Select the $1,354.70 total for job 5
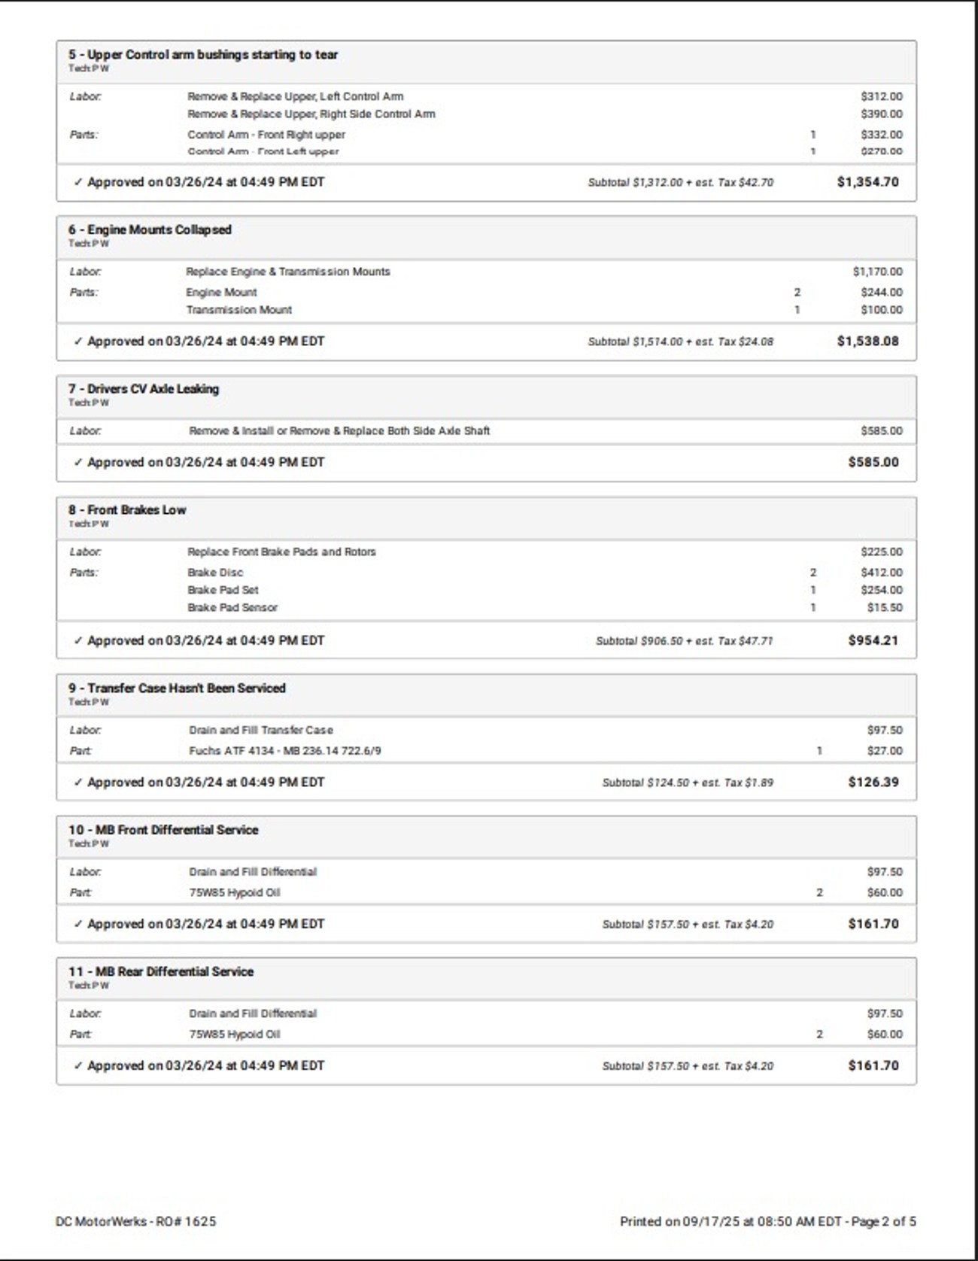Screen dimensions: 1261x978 (x=867, y=182)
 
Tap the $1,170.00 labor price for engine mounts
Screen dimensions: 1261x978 (x=877, y=272)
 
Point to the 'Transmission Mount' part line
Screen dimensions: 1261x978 (x=238, y=310)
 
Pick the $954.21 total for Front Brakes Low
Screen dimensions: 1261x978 (x=873, y=641)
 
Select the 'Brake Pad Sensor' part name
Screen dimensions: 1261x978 (x=232, y=608)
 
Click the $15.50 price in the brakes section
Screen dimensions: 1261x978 (x=884, y=608)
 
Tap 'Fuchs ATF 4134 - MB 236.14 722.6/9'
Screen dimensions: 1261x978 (x=284, y=751)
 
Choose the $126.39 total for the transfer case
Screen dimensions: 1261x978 (x=873, y=782)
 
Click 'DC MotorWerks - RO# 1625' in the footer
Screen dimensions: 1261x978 (x=135, y=1221)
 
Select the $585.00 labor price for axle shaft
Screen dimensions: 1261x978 (x=881, y=431)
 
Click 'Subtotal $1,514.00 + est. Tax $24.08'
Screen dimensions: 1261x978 (x=680, y=342)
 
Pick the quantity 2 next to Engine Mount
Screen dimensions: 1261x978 (x=797, y=293)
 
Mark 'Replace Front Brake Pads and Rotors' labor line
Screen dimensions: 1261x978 (x=281, y=552)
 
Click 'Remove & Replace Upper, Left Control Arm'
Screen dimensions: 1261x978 (x=295, y=96)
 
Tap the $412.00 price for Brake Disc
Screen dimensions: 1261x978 (x=881, y=573)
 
